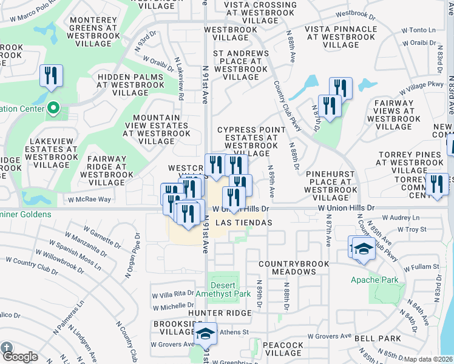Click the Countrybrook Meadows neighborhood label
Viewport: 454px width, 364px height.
[x=288, y=268]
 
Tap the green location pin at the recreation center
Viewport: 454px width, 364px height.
[x=53, y=109]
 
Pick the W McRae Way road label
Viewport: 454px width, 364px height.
[x=89, y=199]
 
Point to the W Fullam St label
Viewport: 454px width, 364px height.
[x=419, y=267]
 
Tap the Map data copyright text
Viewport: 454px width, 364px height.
[x=428, y=359]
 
